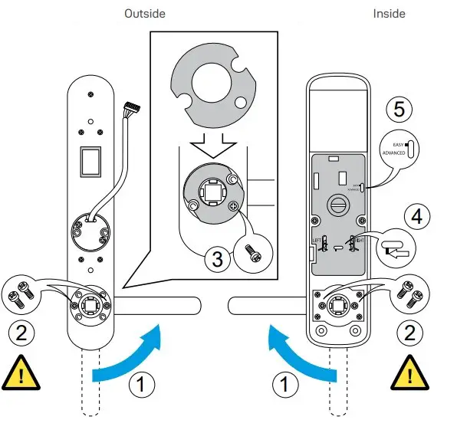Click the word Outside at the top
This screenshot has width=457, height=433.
(x=145, y=14)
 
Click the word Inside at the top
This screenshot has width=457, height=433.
(x=389, y=14)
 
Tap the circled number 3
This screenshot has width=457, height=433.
(x=219, y=259)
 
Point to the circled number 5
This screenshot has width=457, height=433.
(x=398, y=109)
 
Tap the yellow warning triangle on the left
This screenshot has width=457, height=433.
(x=21, y=373)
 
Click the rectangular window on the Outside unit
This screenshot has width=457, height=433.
(x=90, y=162)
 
